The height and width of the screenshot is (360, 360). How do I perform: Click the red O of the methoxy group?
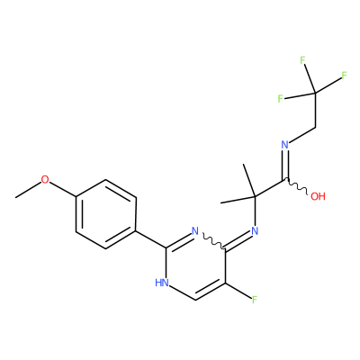click(x=45, y=180)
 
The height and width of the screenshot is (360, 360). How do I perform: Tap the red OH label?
click(x=318, y=196)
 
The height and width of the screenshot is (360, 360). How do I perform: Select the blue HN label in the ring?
click(x=161, y=283)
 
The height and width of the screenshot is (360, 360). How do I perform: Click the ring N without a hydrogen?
click(x=195, y=231)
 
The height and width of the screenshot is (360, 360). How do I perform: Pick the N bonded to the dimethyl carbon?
click(x=255, y=231)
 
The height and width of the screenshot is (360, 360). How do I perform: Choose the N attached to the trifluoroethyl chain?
click(x=284, y=145)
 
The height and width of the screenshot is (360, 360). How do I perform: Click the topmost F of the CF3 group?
click(x=302, y=61)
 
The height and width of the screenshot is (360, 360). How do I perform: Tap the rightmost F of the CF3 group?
click(x=344, y=76)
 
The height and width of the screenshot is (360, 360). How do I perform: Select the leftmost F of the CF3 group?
click(x=280, y=99)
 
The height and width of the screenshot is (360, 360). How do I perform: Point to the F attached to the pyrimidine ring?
click(x=255, y=300)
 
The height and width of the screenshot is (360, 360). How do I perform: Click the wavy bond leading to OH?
click(x=296, y=187)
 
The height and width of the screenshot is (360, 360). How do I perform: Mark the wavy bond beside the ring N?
click(x=213, y=241)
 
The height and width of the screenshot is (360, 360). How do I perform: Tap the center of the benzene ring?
click(x=105, y=214)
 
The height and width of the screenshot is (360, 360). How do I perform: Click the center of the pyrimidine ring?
click(x=195, y=265)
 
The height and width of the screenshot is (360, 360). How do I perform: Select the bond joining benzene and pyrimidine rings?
click(x=151, y=239)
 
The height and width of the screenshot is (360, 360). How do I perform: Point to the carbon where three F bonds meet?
click(x=315, y=94)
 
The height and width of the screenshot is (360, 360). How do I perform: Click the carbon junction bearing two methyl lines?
click(x=255, y=197)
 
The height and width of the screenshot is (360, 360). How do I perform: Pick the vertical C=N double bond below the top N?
click(x=284, y=165)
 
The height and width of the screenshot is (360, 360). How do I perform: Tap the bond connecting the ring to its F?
click(x=238, y=291)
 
